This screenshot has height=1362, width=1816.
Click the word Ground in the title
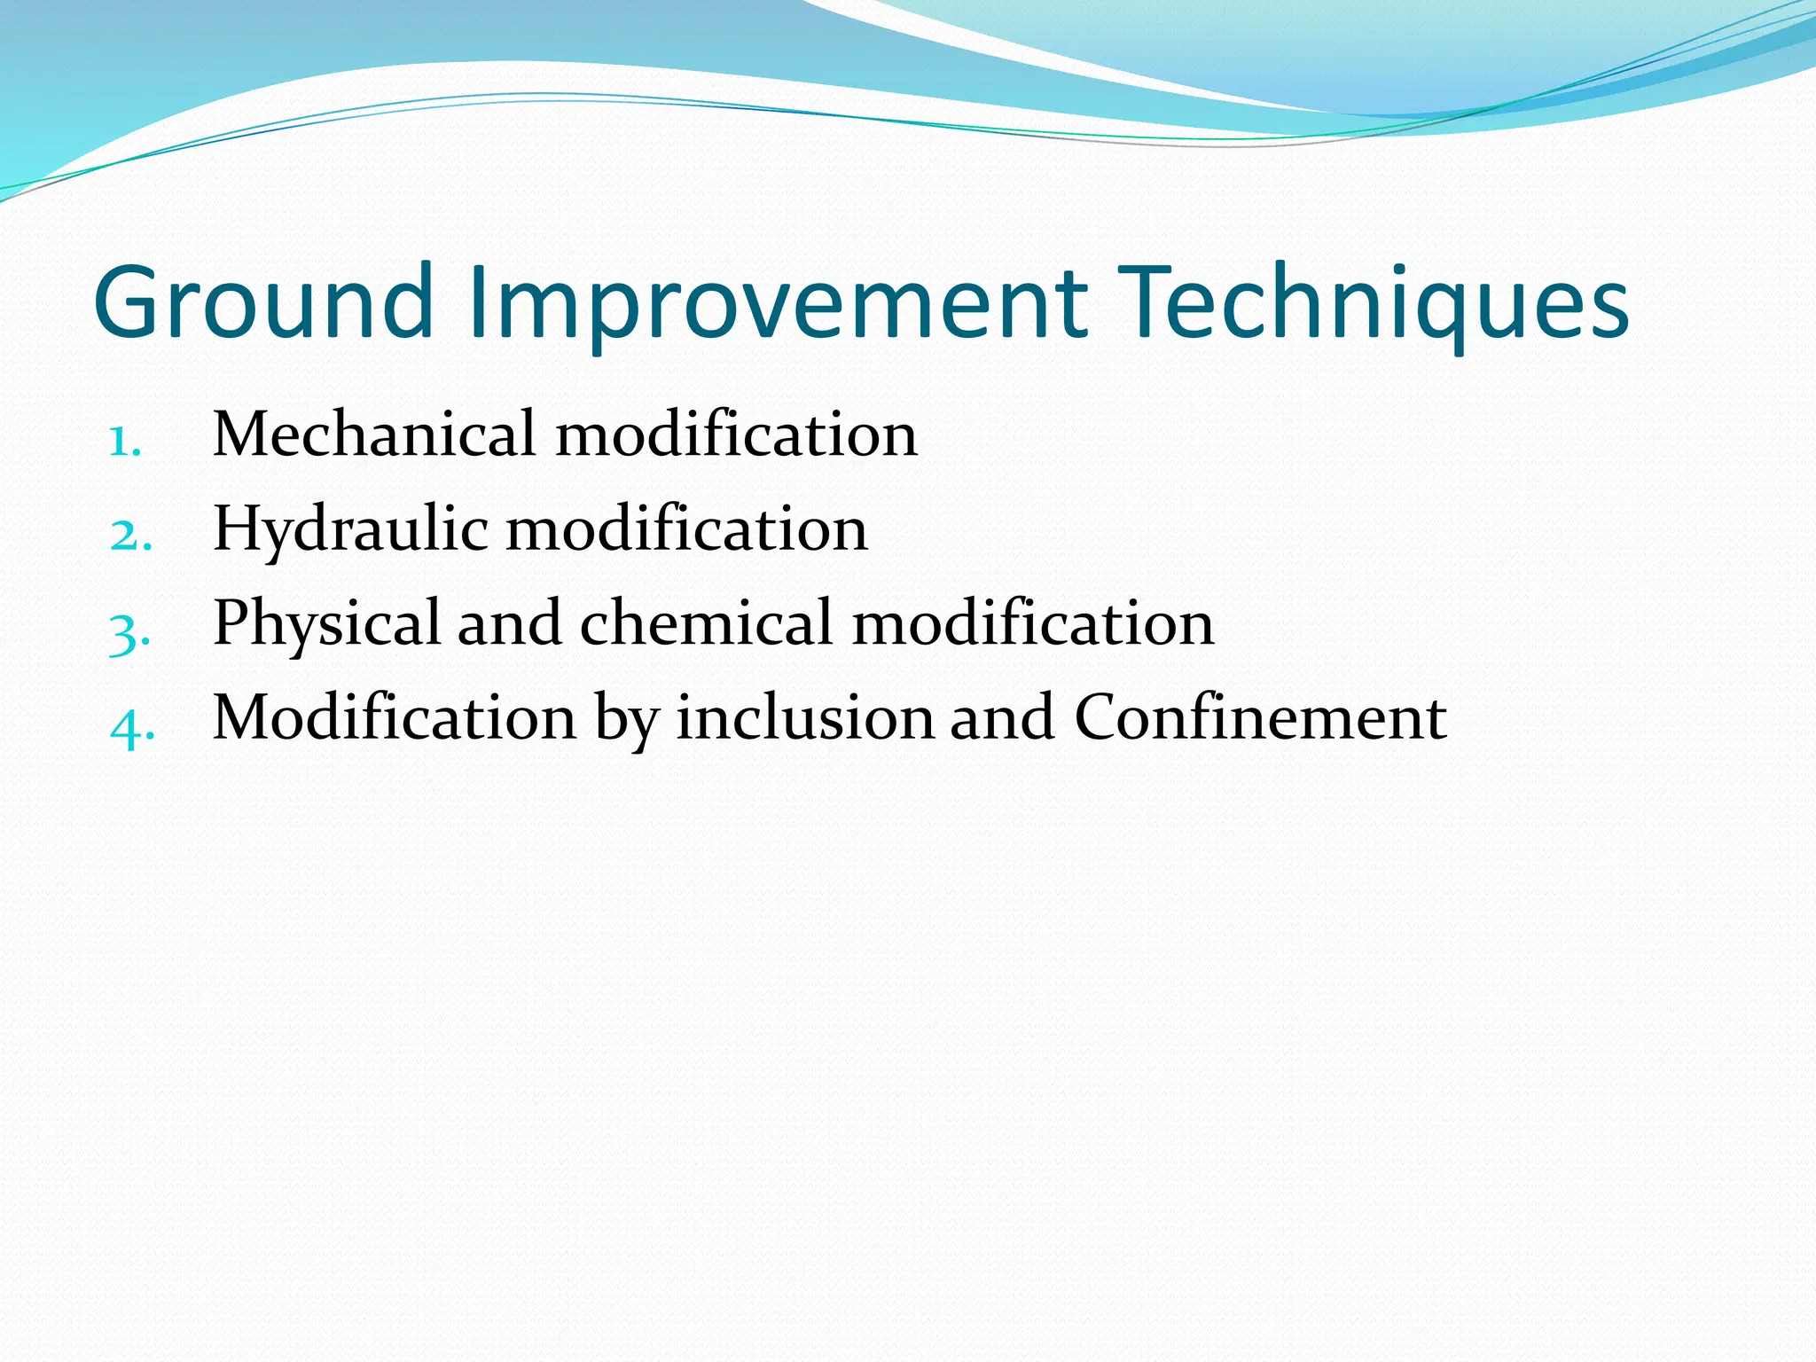[264, 303]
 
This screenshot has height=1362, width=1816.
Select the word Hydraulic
[350, 529]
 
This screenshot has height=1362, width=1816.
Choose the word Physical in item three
[326, 624]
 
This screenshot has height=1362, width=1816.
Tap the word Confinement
[1260, 717]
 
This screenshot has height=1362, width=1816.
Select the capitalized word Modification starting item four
[395, 717]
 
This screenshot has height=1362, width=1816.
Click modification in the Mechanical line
[736, 434]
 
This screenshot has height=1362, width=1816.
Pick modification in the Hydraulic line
[686, 529]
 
